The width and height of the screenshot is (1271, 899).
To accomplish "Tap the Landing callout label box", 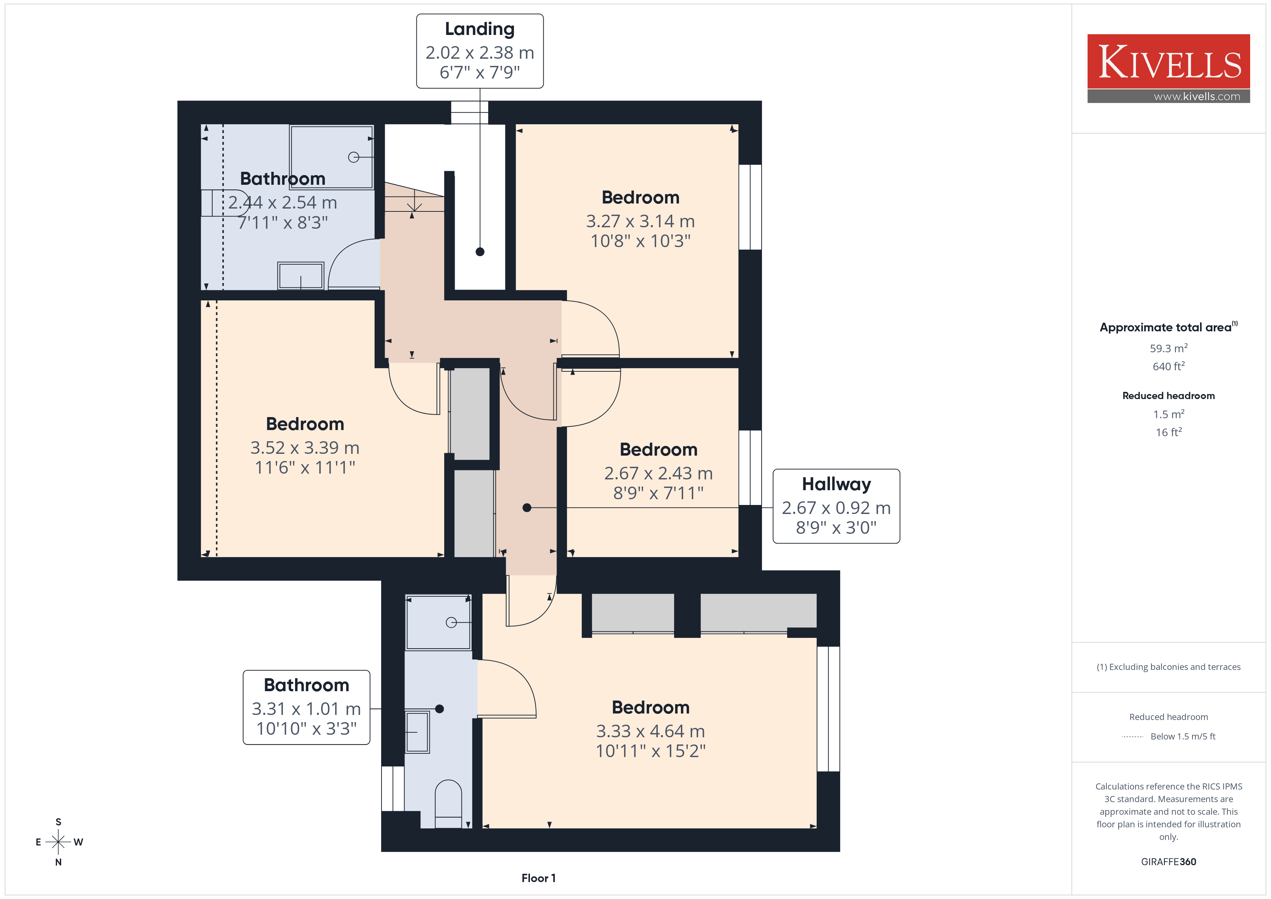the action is click(480, 51).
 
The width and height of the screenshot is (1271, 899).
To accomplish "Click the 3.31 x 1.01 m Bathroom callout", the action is click(306, 707).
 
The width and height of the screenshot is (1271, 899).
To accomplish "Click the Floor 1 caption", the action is click(538, 878).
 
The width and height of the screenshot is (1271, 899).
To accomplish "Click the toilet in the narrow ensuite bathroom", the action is click(449, 804).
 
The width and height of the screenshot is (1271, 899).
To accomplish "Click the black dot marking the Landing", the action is click(480, 252).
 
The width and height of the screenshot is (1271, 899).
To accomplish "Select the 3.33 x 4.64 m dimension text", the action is click(650, 731).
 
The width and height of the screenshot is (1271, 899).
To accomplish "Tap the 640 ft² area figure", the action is click(1169, 366).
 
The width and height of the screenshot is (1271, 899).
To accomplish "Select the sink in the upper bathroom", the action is click(300, 276).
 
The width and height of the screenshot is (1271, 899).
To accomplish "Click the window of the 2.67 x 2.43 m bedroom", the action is click(750, 468).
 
